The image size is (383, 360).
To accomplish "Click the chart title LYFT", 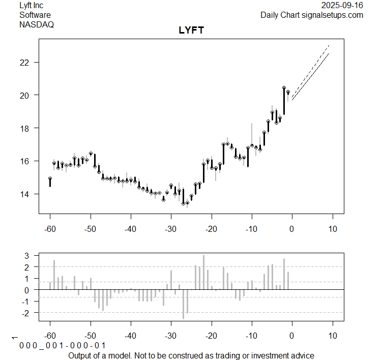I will (191, 31).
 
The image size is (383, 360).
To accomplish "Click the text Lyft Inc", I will (31, 6).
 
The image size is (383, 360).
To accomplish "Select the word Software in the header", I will (35, 15).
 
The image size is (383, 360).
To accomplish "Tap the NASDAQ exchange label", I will (37, 24).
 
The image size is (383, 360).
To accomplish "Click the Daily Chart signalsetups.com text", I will (312, 15).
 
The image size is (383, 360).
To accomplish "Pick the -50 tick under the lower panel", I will (91, 336).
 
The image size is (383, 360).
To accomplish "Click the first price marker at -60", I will (50, 178).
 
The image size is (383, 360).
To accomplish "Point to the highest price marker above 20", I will (284, 88).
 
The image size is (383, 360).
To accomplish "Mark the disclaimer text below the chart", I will (191, 355).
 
